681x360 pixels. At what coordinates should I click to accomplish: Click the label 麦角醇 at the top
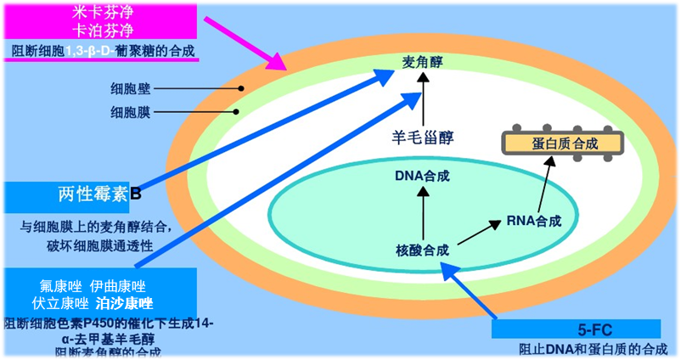click(423, 62)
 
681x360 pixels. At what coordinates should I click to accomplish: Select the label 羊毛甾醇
click(423, 136)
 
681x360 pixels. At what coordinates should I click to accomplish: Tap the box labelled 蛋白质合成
click(554, 143)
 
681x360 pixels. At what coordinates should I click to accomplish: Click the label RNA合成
click(533, 222)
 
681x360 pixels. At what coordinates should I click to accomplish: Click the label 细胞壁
click(128, 87)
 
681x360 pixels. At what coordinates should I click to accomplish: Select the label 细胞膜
click(128, 110)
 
